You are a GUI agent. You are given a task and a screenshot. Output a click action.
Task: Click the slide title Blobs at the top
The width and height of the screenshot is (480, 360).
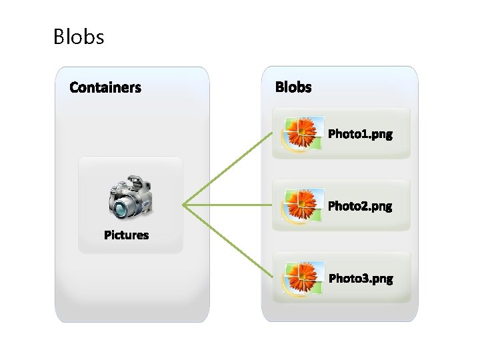[x=79, y=36]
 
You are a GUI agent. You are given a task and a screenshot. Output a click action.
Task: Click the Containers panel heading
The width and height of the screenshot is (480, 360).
[x=105, y=87]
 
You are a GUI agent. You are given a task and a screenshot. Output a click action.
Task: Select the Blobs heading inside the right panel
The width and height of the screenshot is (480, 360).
[x=293, y=87]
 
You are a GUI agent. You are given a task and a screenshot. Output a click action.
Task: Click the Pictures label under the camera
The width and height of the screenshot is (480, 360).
[x=127, y=235]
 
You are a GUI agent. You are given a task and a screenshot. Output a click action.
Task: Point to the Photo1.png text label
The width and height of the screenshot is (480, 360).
[x=361, y=134]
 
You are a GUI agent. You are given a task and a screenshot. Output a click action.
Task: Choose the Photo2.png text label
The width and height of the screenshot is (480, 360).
[x=361, y=206]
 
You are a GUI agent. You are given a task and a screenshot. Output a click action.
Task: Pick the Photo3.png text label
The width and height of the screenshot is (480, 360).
[x=361, y=278]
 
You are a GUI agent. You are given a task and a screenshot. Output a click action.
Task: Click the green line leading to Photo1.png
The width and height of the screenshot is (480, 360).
[x=227, y=169]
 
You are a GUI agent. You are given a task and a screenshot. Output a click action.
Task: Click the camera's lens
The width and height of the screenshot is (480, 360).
[x=121, y=209]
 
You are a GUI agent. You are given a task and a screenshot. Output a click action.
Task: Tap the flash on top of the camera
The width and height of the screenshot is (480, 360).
[x=135, y=181]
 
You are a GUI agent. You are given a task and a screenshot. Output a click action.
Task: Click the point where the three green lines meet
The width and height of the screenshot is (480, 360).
[x=184, y=205]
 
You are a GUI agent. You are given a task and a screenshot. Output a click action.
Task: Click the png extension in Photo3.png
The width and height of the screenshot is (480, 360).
[x=383, y=279]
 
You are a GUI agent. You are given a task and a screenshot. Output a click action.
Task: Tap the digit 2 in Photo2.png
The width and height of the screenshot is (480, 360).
[x=364, y=206]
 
